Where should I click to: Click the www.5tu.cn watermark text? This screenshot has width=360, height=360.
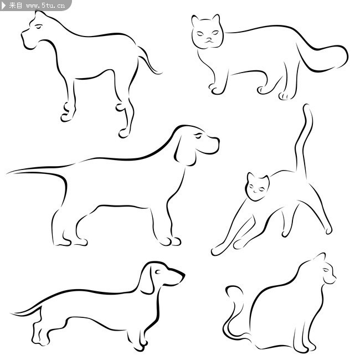pyautogui.click(x=45, y=6)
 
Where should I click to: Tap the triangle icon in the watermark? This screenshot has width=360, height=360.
pyautogui.click(x=3, y=6)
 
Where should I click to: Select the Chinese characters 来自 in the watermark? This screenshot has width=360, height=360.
pyautogui.click(x=16, y=6)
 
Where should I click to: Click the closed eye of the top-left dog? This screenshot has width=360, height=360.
pyautogui.click(x=39, y=27)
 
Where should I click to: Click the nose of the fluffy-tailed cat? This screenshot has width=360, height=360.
pyautogui.click(x=209, y=39)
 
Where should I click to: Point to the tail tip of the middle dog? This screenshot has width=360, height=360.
pyautogui.click(x=8, y=173)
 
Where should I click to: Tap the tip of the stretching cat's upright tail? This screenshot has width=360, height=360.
pyautogui.click(x=306, y=106)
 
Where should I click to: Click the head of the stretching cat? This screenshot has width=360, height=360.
pyautogui.click(x=257, y=187)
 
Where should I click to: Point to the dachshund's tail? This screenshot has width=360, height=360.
pyautogui.click(x=27, y=311)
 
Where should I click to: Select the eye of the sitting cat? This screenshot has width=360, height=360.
pyautogui.click(x=326, y=270)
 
